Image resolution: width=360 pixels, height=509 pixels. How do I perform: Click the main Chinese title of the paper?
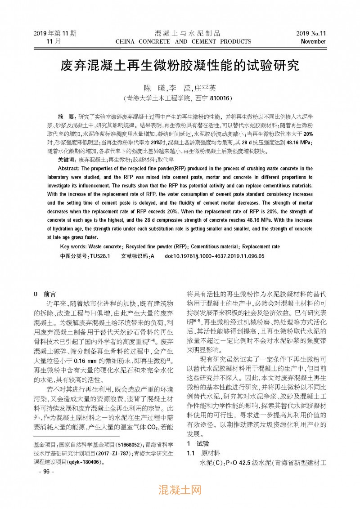[180, 67]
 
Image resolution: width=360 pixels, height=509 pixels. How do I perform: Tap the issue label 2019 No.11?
[311, 33]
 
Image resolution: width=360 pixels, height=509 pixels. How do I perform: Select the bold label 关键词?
[67, 160]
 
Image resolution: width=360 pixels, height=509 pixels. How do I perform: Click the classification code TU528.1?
[100, 256]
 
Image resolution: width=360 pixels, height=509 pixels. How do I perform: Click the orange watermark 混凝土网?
[180, 489]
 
